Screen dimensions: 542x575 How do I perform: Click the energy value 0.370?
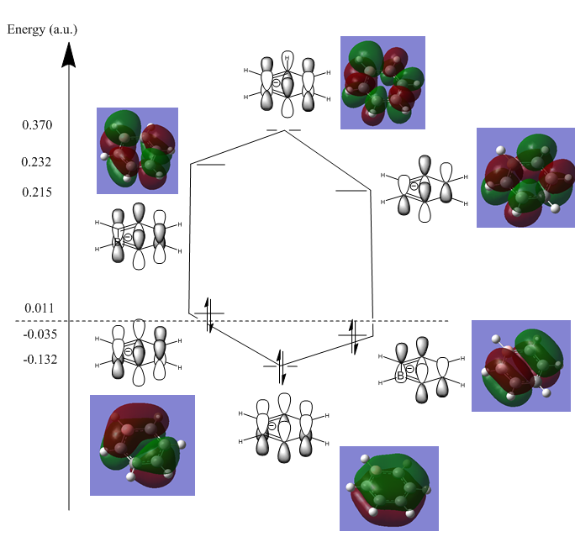coord(37,125)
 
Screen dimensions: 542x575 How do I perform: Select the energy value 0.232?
coord(37,161)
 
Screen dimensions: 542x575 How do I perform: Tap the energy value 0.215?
coord(37,192)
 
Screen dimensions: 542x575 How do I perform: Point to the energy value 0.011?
coord(39,308)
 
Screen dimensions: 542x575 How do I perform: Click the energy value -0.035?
coord(39,334)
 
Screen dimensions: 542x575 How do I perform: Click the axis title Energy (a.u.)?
coord(42,29)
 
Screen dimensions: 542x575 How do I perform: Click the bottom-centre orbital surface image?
coord(389,488)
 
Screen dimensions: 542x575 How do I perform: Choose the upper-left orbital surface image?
coord(137,150)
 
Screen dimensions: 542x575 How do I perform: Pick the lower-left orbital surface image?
coord(142,445)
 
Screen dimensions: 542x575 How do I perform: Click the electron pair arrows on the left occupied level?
coord(209,313)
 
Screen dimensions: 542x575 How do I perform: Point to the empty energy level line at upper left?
coord(209,165)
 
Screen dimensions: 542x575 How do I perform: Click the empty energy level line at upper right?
coord(351,191)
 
